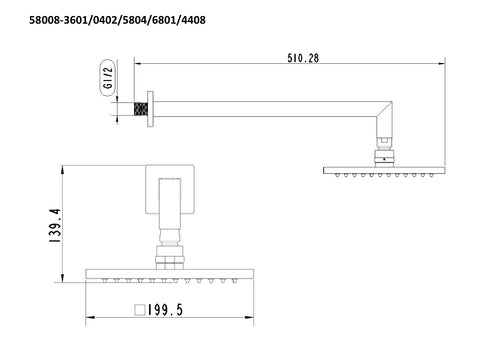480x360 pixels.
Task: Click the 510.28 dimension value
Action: coord(303,58)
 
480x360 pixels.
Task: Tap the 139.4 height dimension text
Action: coord(55,225)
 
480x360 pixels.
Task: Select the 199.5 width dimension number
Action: coord(165,310)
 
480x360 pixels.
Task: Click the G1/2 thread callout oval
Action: coord(108,78)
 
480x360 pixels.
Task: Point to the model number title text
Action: coord(117,20)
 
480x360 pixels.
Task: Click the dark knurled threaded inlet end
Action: coord(141,109)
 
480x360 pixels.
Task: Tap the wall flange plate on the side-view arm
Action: coord(150,109)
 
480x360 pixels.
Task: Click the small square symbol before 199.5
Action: coord(140,310)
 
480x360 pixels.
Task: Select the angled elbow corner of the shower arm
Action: coord(384,109)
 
